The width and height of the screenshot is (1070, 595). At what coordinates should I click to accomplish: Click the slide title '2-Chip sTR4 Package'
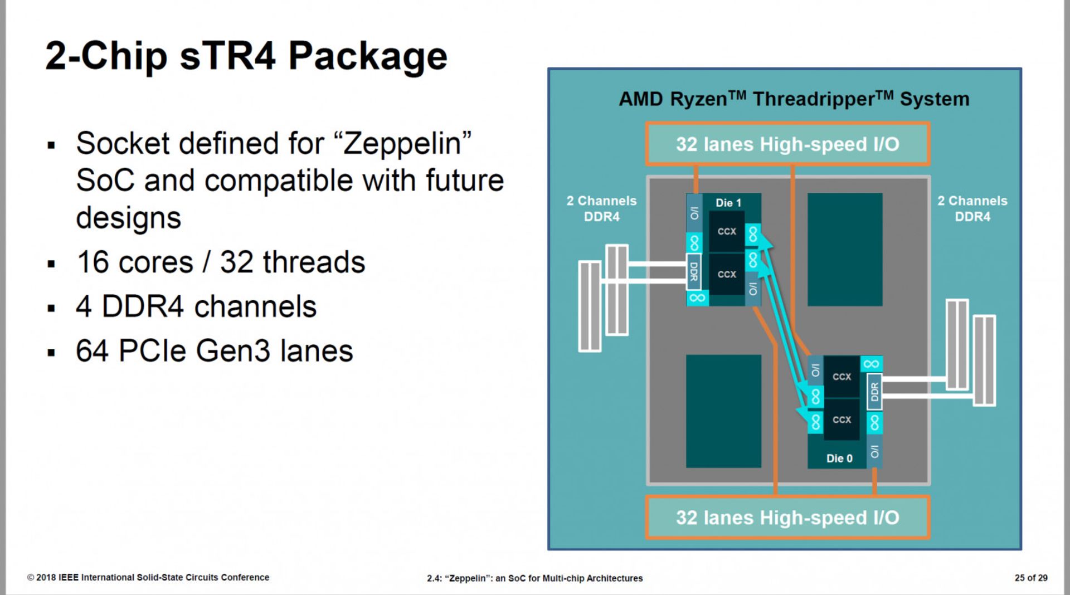[246, 56]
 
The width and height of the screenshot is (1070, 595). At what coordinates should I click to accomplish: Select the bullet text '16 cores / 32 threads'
[221, 262]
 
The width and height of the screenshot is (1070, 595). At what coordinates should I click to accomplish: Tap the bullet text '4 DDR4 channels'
[196, 306]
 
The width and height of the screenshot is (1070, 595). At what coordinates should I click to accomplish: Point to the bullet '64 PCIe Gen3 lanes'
[214, 351]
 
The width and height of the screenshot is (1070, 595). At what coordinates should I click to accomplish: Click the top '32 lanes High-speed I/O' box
[787, 144]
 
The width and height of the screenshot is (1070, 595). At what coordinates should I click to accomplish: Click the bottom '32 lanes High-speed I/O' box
[787, 518]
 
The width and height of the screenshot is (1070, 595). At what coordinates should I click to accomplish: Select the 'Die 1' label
[728, 203]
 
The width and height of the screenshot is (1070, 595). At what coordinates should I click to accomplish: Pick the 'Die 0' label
[839, 458]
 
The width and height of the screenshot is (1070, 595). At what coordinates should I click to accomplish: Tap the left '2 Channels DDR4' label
[601, 208]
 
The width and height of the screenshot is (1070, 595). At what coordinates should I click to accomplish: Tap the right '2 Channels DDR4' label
[972, 208]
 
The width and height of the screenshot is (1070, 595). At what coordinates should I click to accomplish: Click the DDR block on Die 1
[694, 271]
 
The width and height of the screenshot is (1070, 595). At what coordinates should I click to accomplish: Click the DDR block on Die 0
[874, 392]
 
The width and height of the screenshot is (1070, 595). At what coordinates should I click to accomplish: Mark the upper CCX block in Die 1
[727, 231]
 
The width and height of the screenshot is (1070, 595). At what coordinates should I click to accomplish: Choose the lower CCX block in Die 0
[842, 420]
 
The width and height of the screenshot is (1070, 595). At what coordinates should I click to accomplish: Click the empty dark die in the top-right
[844, 249]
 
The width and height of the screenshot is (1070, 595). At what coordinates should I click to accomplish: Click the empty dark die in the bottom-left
[723, 411]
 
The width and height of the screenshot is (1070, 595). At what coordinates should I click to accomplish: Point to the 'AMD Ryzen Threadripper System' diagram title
[794, 99]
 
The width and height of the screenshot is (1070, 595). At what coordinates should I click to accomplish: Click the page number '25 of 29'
[1030, 578]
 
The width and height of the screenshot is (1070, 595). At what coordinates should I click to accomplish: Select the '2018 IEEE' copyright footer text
[148, 578]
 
